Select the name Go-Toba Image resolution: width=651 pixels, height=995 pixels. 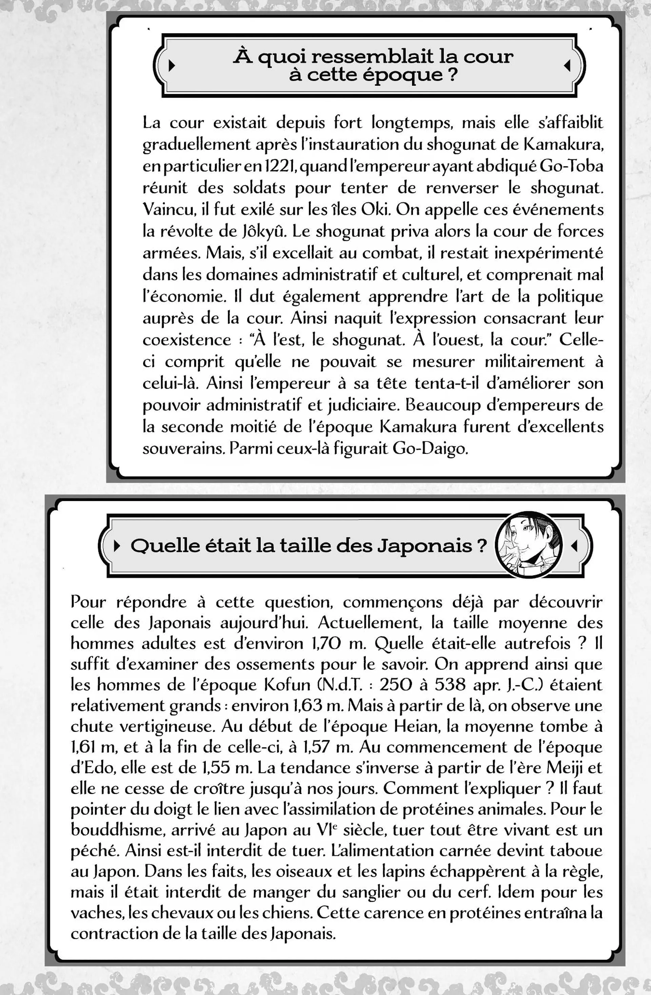pos(572,166)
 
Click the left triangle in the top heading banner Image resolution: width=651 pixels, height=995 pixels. pos(171,66)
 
